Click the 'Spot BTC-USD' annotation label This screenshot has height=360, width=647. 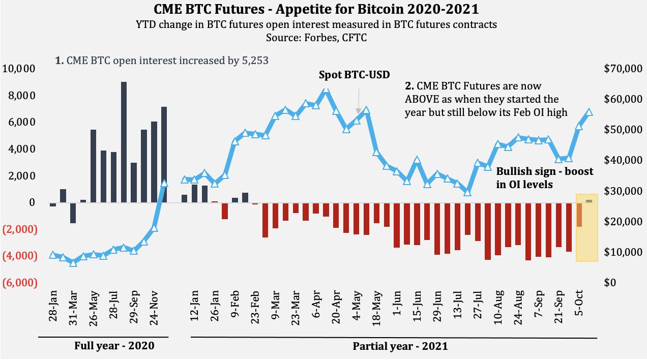tap(354, 75)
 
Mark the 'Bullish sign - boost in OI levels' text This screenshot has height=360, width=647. tap(544, 178)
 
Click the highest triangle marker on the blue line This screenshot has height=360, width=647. tap(326, 89)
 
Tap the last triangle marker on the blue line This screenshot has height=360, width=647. tap(589, 112)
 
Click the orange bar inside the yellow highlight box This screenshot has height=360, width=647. tap(579, 215)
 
